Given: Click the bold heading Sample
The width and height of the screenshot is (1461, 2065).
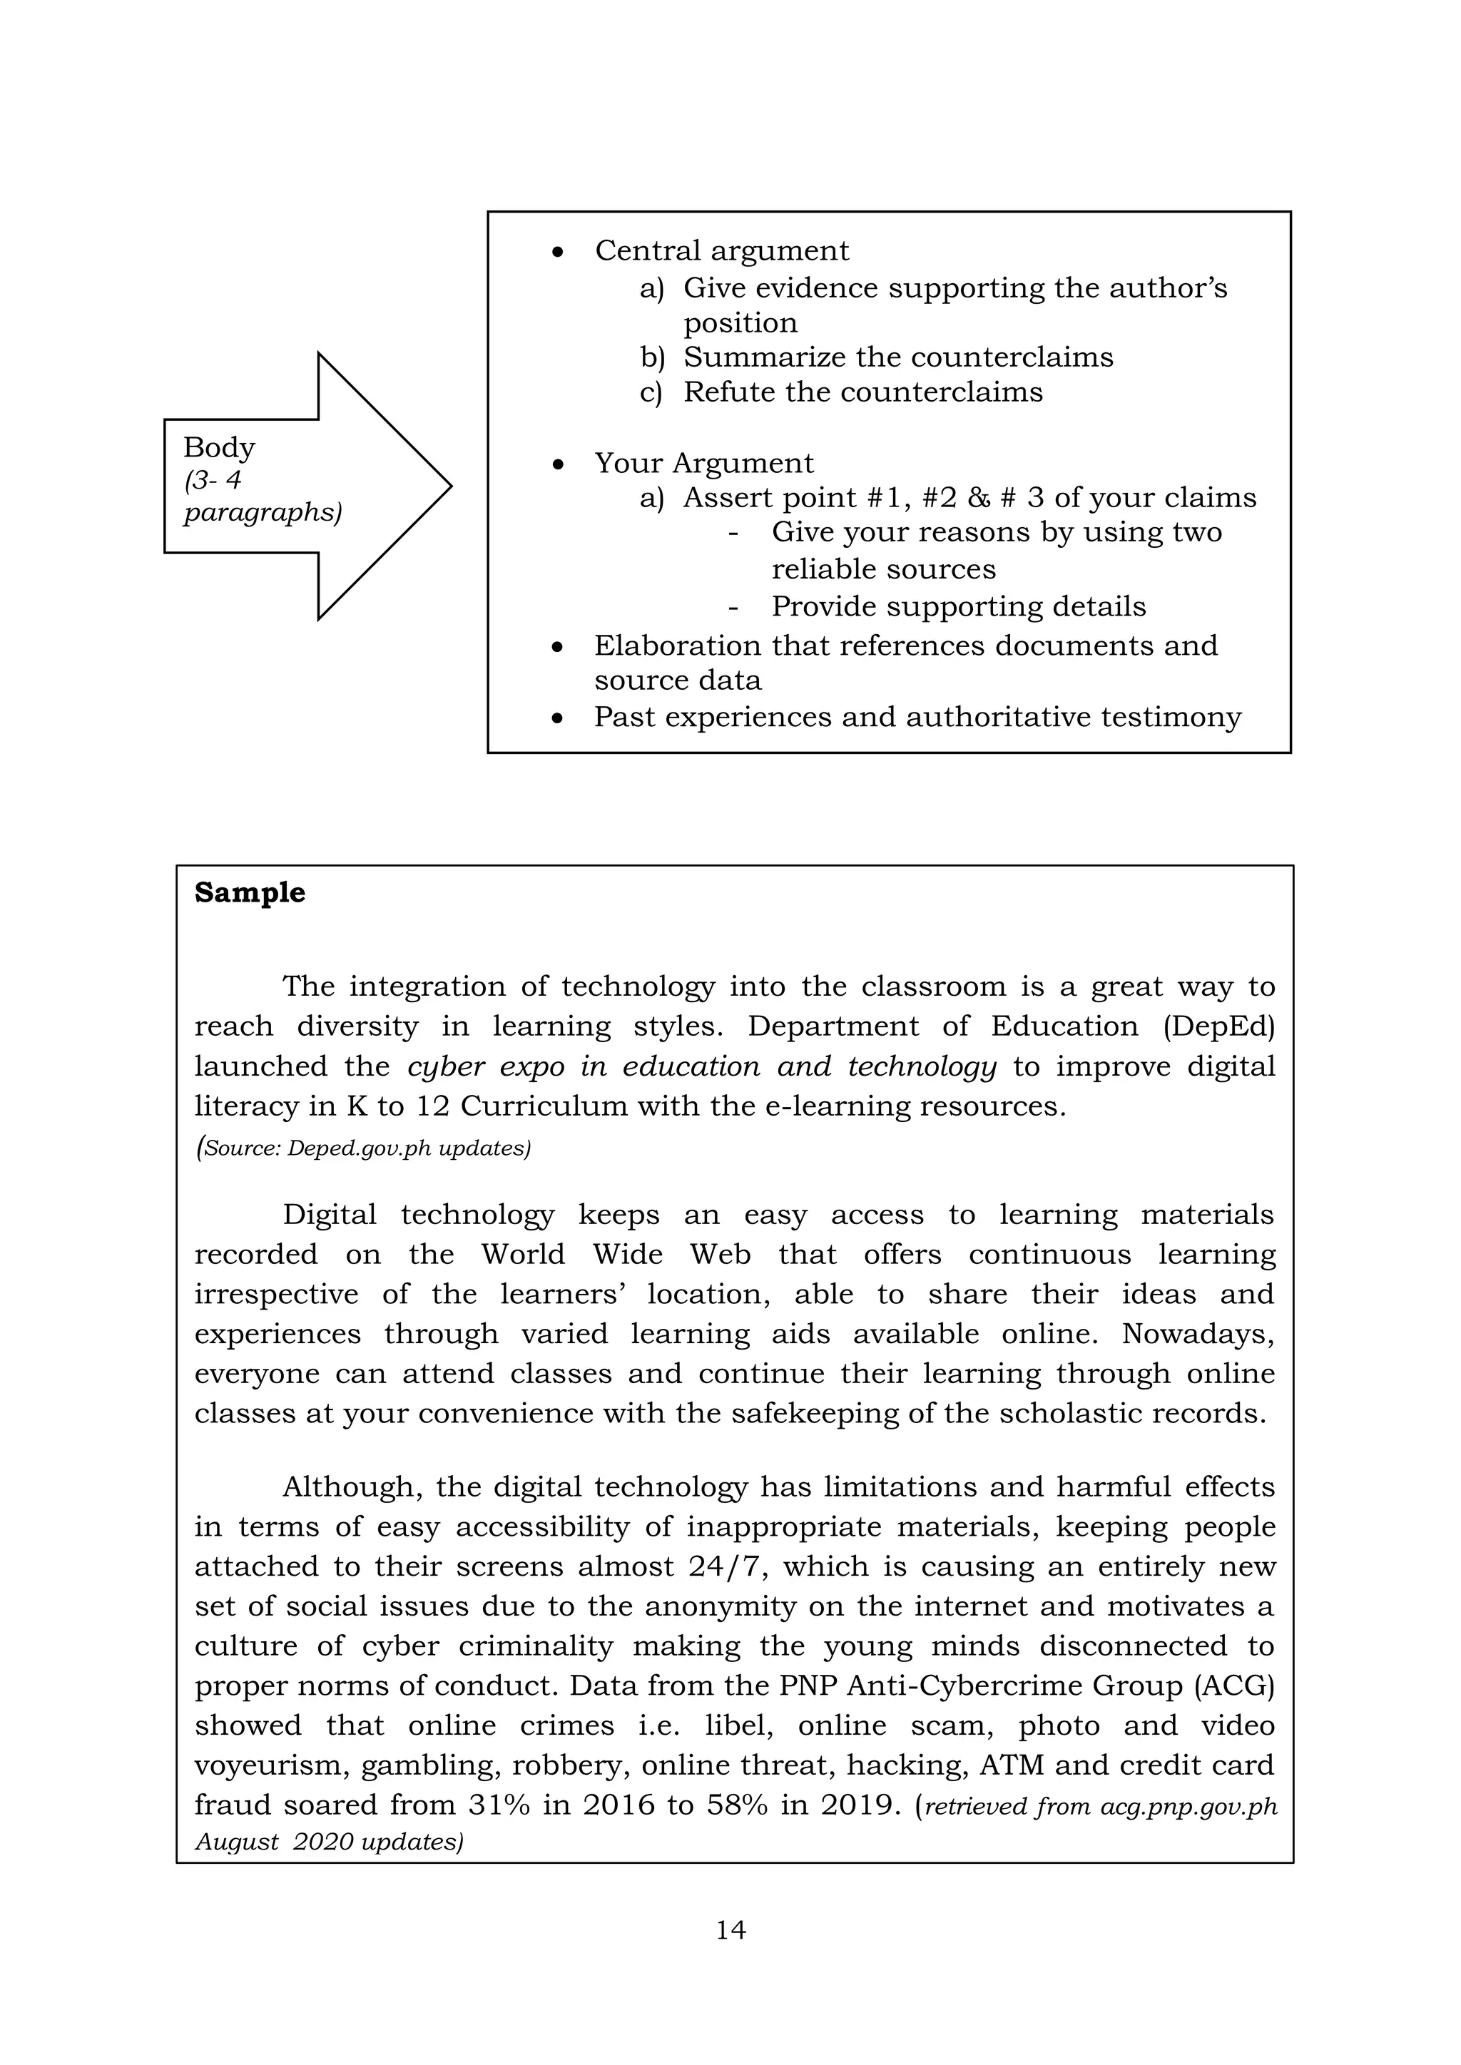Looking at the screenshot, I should (x=249, y=892).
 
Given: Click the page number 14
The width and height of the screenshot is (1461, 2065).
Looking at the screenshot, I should (x=730, y=1929).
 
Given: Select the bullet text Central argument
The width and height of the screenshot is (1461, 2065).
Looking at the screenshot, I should (x=721, y=251).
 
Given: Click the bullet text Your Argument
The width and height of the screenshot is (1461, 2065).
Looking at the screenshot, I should (x=703, y=463).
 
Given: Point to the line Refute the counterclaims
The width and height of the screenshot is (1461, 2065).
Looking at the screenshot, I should (x=862, y=392).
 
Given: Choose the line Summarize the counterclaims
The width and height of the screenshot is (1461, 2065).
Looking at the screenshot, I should (x=898, y=357).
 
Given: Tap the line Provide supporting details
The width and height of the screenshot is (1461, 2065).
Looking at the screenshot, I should (x=958, y=606).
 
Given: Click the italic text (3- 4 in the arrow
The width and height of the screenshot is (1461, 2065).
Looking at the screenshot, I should (x=213, y=480).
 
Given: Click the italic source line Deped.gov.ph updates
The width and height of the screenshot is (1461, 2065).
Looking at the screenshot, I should (x=362, y=1148).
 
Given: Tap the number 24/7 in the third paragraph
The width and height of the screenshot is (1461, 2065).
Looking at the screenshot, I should (x=726, y=1566).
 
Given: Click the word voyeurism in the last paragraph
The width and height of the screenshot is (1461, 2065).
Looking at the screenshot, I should (x=271, y=1765).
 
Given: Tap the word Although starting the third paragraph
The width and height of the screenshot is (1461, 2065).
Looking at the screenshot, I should (x=352, y=1487).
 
